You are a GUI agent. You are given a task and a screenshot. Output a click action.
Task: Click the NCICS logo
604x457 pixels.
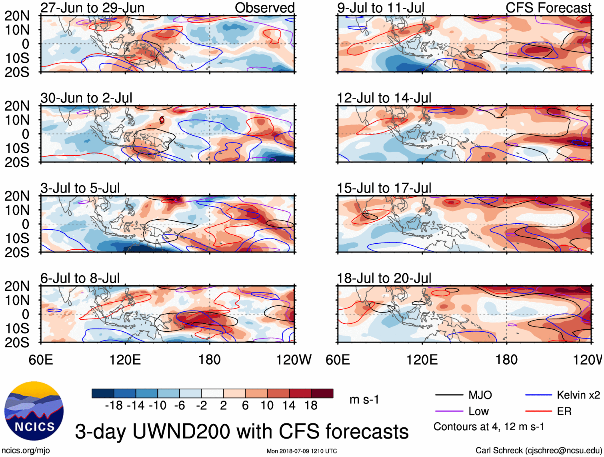point(34,411)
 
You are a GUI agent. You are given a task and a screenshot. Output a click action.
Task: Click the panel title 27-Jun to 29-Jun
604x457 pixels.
point(92,8)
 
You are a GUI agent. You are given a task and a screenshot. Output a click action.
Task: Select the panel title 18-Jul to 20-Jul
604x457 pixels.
point(384,278)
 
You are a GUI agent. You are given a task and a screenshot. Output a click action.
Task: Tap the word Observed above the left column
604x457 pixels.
point(264,8)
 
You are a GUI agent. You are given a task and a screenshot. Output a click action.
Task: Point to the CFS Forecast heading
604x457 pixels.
point(548,8)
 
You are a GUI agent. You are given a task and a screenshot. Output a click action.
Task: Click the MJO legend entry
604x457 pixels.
point(480,395)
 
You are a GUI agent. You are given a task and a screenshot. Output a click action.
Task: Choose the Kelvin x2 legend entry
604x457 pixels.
point(578,395)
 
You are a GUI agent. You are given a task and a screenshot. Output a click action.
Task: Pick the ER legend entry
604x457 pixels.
point(564,411)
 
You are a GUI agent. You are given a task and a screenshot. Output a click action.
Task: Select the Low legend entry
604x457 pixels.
point(478,411)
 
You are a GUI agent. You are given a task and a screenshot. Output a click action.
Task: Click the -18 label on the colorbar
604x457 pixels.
point(114,406)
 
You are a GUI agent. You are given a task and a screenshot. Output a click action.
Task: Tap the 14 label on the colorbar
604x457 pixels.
point(289,406)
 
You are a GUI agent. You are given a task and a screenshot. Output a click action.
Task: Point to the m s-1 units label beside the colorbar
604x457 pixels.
point(364,400)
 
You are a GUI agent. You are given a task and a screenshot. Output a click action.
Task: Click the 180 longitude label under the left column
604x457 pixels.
point(210,360)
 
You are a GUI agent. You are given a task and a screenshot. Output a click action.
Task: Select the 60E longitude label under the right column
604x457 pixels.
point(338,360)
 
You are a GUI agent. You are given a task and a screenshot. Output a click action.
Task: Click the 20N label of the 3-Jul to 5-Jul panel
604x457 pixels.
point(17,196)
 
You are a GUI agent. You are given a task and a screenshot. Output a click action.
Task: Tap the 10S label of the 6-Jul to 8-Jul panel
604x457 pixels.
point(17,329)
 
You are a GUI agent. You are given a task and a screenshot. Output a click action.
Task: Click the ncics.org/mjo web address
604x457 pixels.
point(26,451)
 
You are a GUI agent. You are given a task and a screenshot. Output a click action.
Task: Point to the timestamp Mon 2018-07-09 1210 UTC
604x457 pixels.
point(302,451)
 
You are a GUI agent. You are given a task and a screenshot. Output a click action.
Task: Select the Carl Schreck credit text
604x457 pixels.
point(538,451)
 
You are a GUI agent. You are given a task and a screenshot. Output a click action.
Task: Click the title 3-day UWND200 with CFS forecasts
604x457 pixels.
point(242,431)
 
